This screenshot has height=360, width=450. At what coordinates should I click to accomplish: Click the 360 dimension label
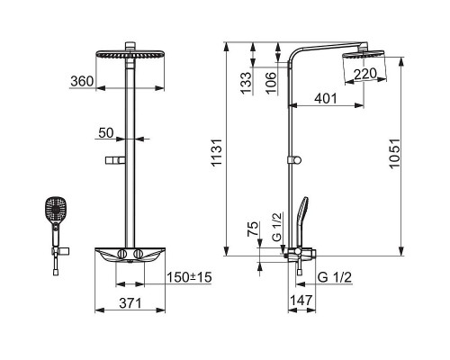82,81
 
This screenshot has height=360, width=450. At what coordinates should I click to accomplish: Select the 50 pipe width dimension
106,133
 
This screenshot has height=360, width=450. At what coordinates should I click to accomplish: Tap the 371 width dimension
130,303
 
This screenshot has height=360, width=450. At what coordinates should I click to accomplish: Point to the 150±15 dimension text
189,277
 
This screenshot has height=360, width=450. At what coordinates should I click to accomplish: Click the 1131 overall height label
216,152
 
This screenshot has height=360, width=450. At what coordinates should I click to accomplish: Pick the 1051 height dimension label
395,153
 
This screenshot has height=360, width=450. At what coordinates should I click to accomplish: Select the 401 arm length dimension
326,98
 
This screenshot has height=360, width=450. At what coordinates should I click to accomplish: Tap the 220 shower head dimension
365,74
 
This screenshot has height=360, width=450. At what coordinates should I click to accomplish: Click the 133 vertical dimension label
247,83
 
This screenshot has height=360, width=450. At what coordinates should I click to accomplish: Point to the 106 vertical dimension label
271,83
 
